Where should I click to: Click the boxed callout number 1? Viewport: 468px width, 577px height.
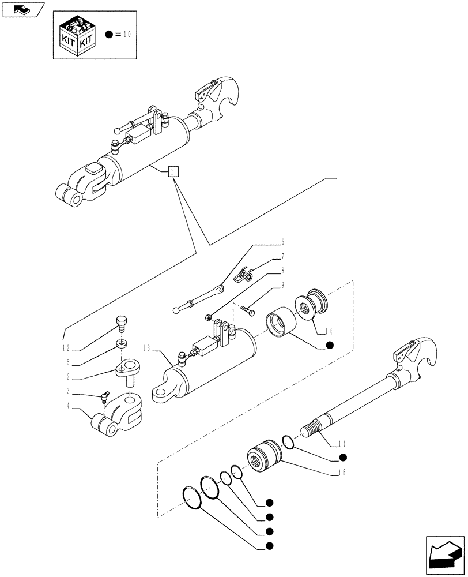click(173, 172)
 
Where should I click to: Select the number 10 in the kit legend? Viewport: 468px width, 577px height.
click(127, 35)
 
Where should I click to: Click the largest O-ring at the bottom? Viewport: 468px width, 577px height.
click(192, 498)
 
